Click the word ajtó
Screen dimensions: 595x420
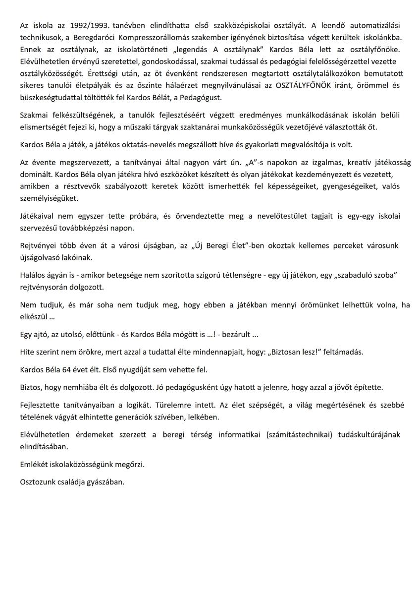click(41, 334)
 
